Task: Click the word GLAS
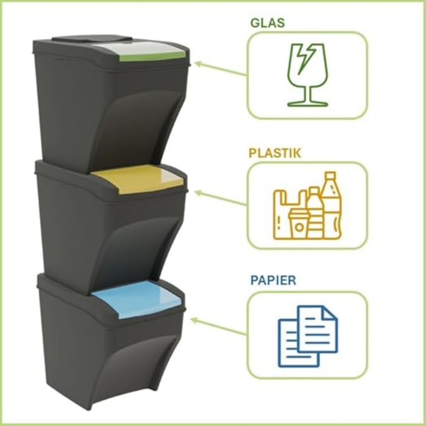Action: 267,23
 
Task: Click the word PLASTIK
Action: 275,153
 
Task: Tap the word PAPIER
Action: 273,280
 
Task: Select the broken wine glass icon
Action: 308,75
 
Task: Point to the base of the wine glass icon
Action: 308,104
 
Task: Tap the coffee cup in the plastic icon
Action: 299,224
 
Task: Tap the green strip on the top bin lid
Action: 153,57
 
